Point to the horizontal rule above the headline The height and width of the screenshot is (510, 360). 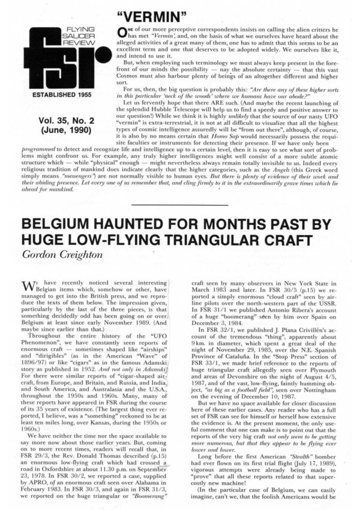179,206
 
